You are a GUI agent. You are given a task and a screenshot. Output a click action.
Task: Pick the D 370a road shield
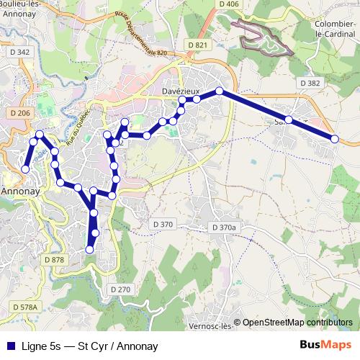224,228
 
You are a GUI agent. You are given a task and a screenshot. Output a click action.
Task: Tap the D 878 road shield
54,259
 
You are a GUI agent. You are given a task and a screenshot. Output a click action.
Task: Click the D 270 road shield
121,289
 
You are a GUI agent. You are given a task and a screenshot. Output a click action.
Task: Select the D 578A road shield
24,307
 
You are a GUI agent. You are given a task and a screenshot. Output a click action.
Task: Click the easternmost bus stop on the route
335,138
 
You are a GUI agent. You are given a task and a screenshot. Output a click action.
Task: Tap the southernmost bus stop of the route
90,249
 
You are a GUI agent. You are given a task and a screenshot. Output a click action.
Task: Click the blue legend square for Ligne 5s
11,346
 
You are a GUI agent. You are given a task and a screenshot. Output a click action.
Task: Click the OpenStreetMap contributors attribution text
297,323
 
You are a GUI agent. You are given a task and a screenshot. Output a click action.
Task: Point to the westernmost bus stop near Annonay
25,168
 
